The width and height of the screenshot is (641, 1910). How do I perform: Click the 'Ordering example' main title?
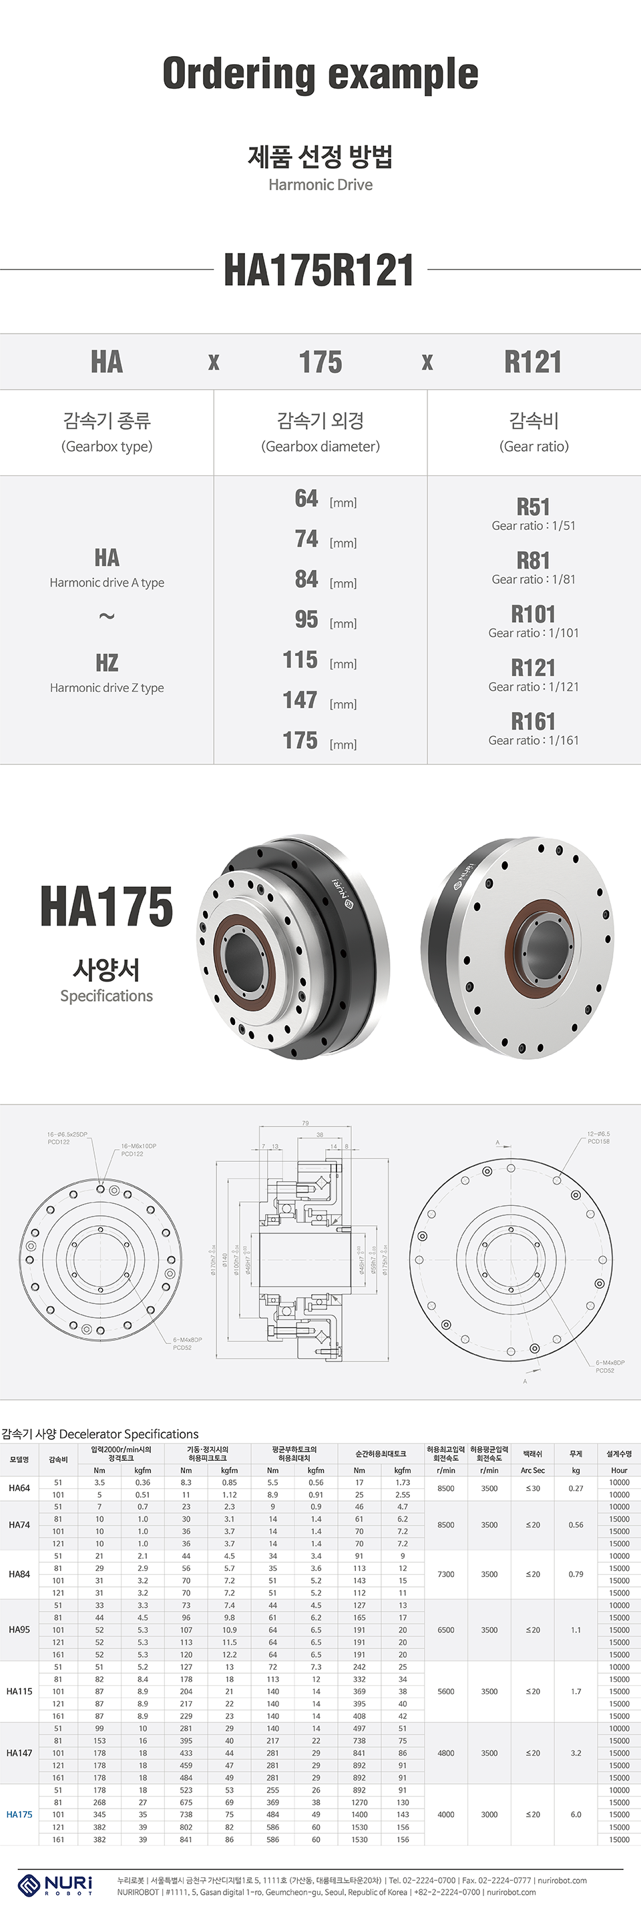click(320, 74)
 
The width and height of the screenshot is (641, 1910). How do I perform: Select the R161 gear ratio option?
click(533, 721)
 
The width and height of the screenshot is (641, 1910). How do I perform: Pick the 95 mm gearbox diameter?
click(307, 619)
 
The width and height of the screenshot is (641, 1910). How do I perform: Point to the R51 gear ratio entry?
click(533, 507)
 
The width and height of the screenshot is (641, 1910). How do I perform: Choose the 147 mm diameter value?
click(300, 700)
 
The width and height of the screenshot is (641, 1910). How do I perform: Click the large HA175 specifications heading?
click(107, 907)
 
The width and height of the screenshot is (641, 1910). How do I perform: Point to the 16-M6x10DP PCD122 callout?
click(138, 1149)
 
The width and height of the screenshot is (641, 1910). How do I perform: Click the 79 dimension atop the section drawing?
click(306, 1123)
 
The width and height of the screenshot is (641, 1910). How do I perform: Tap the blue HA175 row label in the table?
click(19, 1815)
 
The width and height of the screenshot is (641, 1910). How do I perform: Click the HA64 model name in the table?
click(19, 1488)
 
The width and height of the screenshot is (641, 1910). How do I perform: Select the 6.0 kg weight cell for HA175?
click(576, 1815)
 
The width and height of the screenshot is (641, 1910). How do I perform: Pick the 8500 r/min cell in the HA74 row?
click(446, 1525)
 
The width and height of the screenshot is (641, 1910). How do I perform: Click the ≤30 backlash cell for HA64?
click(533, 1488)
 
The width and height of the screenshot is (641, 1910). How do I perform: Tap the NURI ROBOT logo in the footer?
click(55, 1883)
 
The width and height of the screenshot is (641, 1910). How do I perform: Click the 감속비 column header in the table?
click(58, 1459)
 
